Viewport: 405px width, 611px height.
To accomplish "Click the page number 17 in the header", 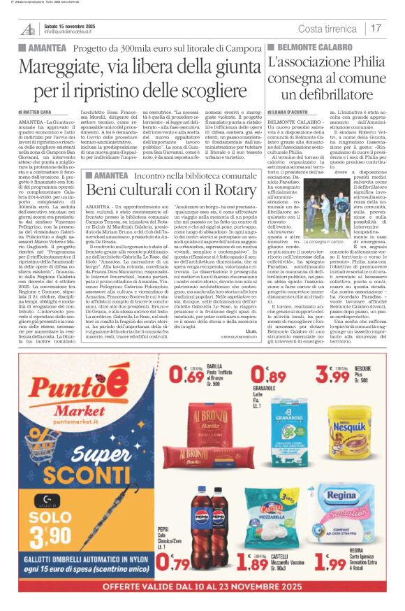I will coord(376,28).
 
